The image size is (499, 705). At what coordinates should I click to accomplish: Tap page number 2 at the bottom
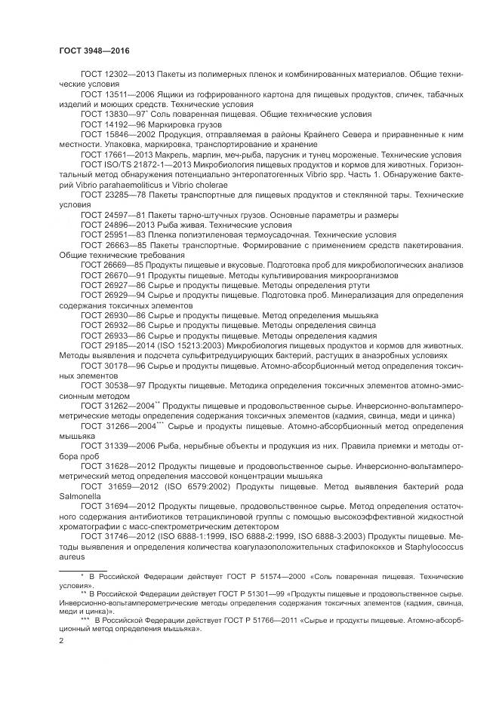pos(61,640)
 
